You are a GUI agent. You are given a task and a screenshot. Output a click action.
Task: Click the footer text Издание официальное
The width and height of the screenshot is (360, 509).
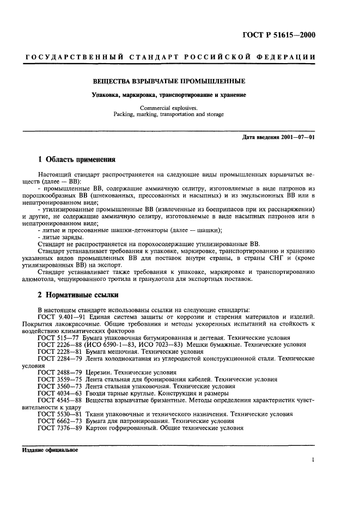(x=50, y=450)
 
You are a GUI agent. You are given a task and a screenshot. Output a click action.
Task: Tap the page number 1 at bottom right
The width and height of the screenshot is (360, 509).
(x=314, y=460)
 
